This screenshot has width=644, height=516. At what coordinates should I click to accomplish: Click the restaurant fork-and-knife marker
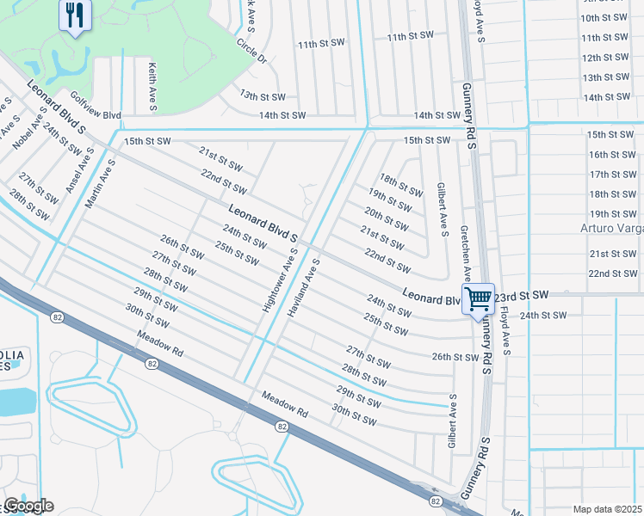tap(75, 15)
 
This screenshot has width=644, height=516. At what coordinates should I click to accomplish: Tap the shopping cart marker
tap(478, 299)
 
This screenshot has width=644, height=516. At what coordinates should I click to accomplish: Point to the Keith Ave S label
tap(152, 86)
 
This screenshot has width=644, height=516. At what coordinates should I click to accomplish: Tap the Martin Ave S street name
tap(101, 182)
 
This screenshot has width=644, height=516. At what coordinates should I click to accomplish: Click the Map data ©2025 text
tap(607, 509)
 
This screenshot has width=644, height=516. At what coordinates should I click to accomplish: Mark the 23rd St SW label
tap(521, 295)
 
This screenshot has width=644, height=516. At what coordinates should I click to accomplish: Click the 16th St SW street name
tap(611, 155)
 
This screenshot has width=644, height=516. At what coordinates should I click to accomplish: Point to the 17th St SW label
tap(611, 175)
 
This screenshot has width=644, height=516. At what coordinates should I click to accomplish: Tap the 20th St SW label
tap(386, 218)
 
